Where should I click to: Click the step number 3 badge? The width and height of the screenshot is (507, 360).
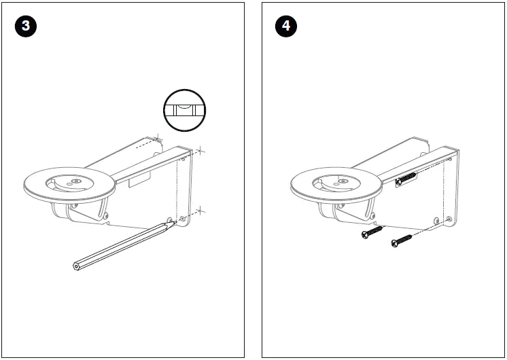pos(25,26)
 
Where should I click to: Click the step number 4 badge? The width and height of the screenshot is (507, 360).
pos(285,26)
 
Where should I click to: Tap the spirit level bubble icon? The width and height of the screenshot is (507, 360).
pos(184,109)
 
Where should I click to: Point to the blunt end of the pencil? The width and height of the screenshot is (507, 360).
pos(76,266)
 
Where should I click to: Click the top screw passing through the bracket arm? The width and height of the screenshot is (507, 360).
pos(406,179)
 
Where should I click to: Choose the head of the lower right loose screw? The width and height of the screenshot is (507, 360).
pos(394,243)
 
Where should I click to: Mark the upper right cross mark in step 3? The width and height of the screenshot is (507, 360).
pos(202,151)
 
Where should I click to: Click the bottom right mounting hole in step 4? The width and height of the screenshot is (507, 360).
pos(449,219)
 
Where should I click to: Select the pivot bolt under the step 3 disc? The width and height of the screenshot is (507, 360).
pos(107,217)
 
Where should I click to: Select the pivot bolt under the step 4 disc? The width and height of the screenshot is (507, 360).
pos(373,217)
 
